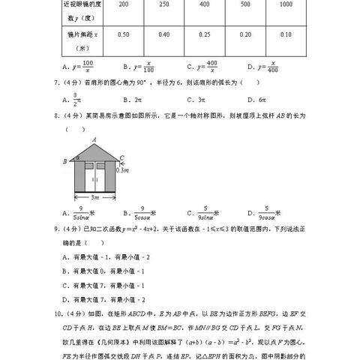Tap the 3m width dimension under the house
click(x=94, y=197)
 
